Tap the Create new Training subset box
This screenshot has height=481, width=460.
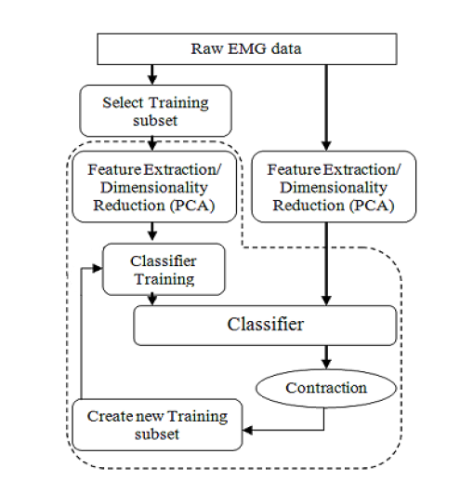[155, 424]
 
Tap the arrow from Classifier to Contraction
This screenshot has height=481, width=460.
[326, 356]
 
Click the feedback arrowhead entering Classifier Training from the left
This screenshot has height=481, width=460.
[97, 266]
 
